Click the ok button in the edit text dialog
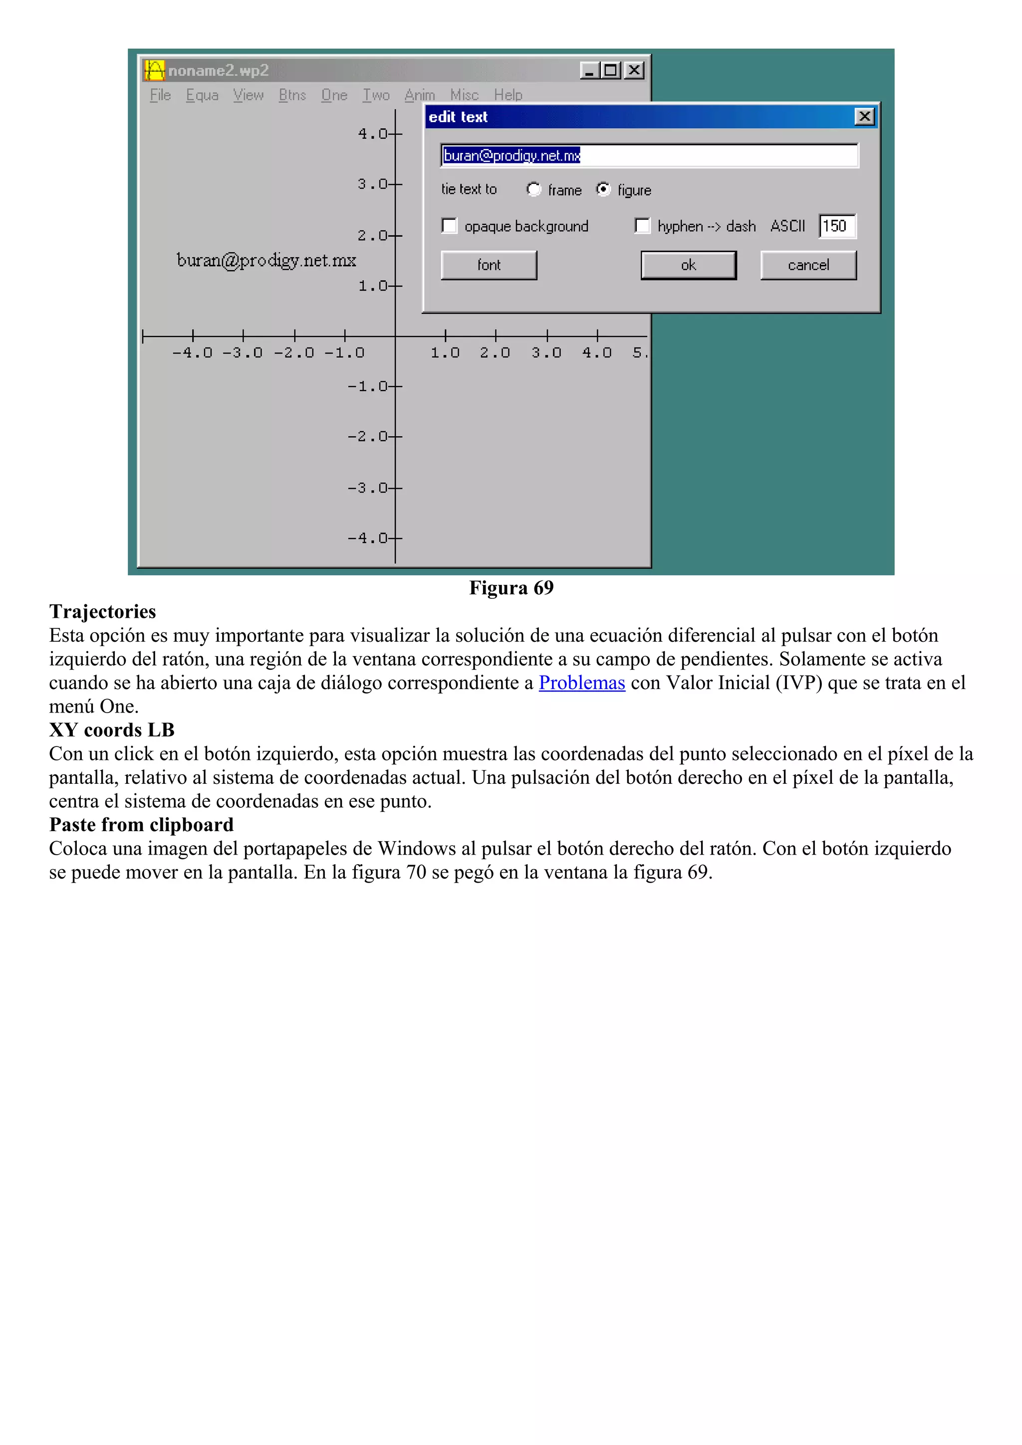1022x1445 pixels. coord(688,265)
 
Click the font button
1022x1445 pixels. coord(489,265)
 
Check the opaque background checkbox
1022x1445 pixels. coord(450,226)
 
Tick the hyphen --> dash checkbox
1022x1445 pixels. coord(642,226)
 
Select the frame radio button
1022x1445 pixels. coord(533,189)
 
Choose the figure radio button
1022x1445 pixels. coord(603,189)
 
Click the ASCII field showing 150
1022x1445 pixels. coord(837,226)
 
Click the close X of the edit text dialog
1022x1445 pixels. coord(865,117)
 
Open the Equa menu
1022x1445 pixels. coord(202,95)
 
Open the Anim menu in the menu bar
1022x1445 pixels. coord(419,95)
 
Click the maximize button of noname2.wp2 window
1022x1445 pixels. coord(610,70)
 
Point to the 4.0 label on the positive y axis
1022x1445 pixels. coord(371,134)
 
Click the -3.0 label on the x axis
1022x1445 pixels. coord(243,353)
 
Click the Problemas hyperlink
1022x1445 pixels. coord(581,683)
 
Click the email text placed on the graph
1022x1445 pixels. coord(266,261)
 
